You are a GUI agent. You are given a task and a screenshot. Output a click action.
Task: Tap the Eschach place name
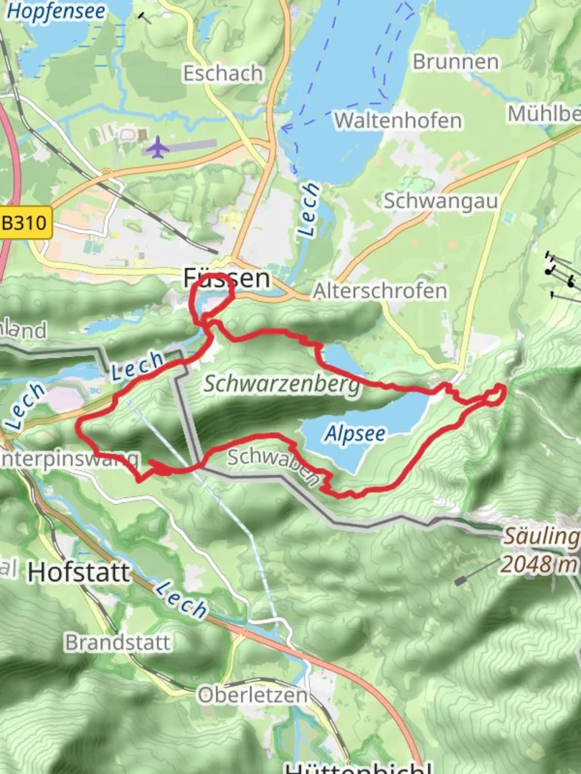pos(222,73)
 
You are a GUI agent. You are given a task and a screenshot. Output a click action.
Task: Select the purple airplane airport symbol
pos(157,148)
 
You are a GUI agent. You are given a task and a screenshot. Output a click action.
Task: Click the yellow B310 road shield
pos(27,223)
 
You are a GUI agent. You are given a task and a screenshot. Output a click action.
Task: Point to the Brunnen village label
pos(455,62)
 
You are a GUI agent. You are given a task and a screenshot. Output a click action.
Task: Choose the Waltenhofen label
pos(397,120)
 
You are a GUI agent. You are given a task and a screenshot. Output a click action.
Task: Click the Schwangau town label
pos(440,201)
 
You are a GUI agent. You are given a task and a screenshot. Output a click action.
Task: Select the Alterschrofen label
pos(379,291)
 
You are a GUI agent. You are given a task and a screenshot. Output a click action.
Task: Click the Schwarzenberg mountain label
pos(280,384)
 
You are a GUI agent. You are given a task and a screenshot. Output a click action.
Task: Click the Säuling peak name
pos(539,536)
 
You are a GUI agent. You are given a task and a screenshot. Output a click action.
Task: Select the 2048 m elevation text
pos(538,564)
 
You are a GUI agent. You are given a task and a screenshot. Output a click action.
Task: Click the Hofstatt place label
pos(79,572)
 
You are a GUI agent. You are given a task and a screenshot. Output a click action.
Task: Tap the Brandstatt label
pos(118,641)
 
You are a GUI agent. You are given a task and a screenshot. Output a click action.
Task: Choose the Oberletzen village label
pos(252,694)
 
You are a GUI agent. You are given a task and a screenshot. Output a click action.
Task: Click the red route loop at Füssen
pos(212,294)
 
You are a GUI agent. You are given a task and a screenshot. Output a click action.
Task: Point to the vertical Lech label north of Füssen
pos(309,209)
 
